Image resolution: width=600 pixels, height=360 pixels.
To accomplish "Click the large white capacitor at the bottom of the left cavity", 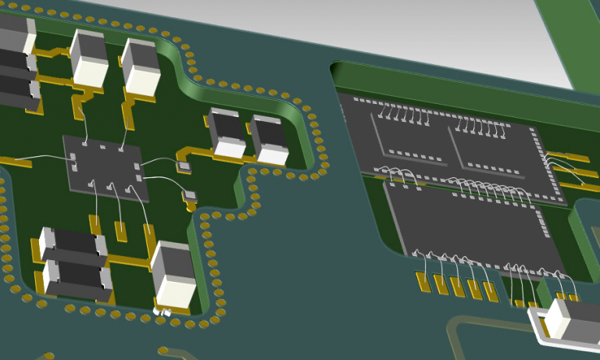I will click(x=173, y=273).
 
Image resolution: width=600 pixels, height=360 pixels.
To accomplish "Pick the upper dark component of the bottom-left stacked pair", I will click(x=74, y=244).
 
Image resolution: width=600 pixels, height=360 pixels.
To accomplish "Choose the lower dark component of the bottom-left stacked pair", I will click(x=78, y=278).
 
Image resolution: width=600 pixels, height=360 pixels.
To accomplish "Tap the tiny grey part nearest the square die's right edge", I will click(x=184, y=166).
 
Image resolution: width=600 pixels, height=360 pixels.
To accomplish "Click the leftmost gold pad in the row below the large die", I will click(x=423, y=282).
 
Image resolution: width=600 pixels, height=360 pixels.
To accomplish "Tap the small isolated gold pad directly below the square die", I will click(x=121, y=230).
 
